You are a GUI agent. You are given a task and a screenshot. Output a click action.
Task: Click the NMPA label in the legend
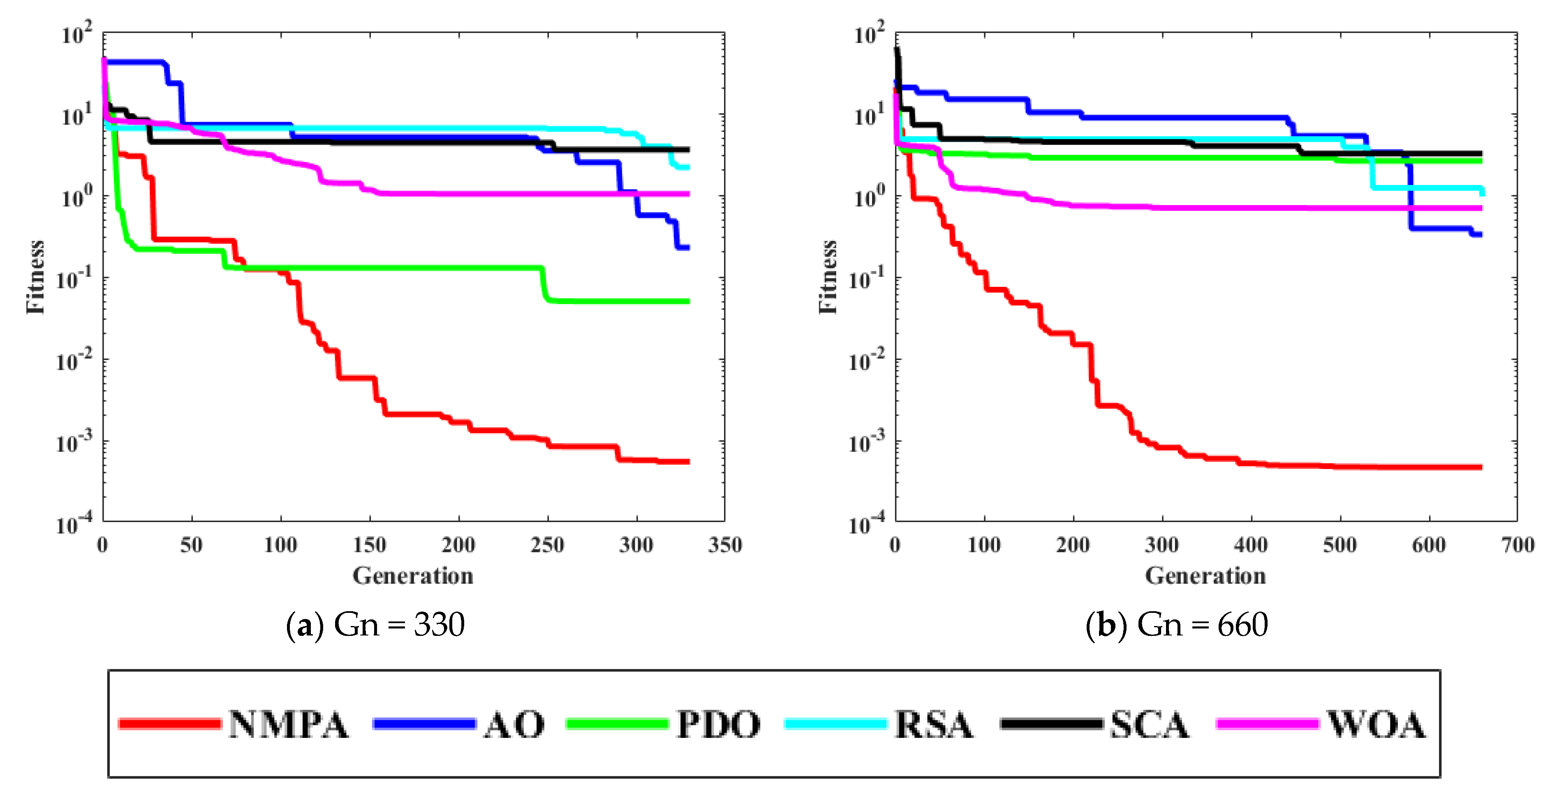click(288, 725)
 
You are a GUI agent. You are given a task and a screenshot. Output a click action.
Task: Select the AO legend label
click(514, 725)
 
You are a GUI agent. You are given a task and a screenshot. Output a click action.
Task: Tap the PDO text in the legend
click(718, 725)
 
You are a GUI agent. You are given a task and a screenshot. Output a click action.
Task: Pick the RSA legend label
click(934, 725)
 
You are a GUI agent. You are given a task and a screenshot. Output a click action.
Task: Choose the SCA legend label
click(1150, 725)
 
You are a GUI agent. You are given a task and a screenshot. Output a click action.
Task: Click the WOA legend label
click(1376, 725)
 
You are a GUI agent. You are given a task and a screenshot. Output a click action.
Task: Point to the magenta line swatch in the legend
click(1268, 724)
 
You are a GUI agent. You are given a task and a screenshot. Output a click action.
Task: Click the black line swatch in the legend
click(1051, 724)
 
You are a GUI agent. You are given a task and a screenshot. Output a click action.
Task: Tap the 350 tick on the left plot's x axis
click(725, 545)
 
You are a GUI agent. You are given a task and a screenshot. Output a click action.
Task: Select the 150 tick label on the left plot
click(369, 545)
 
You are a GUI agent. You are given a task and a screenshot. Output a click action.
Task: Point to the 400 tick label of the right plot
click(1251, 545)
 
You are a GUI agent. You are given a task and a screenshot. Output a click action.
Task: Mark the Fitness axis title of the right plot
click(828, 277)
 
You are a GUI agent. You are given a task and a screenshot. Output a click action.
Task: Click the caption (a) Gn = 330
click(375, 625)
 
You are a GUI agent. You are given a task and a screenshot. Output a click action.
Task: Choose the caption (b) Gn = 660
click(1176, 625)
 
